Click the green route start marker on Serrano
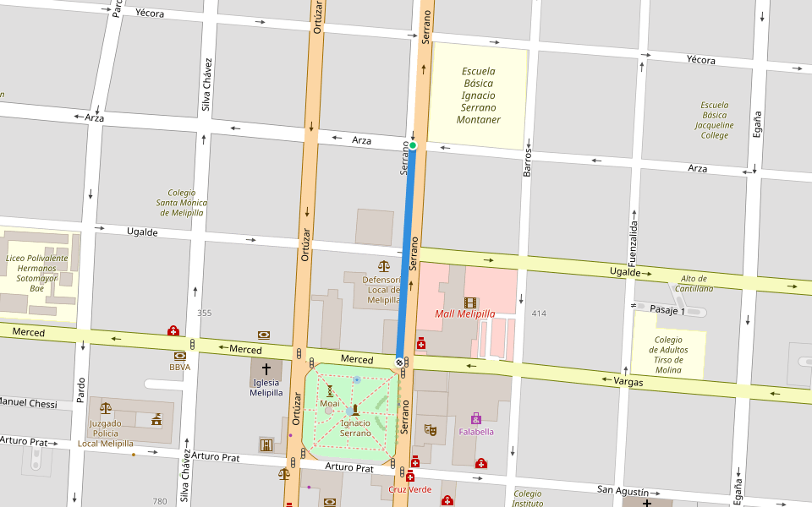(x=413, y=145)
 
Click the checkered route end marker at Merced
(x=399, y=361)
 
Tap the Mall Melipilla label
(x=464, y=314)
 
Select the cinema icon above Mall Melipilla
(x=469, y=303)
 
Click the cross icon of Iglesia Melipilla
(x=266, y=369)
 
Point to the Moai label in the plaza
(x=330, y=404)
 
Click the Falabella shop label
(x=476, y=432)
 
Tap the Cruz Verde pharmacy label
(x=410, y=489)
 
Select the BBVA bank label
(x=179, y=368)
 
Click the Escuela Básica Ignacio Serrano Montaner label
(x=478, y=95)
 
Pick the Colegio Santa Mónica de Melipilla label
(x=181, y=203)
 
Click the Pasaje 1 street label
(x=668, y=310)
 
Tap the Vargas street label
(x=628, y=382)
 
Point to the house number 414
(x=539, y=313)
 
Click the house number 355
(x=205, y=313)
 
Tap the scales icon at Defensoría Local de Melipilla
(x=384, y=266)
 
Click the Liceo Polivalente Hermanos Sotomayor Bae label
(x=36, y=273)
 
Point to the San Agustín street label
(x=623, y=491)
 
